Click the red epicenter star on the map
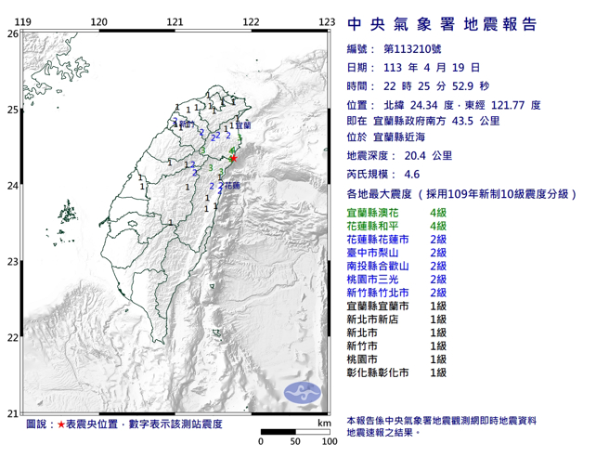[233, 158]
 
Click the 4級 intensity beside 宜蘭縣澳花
[439, 215]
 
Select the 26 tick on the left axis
[12, 33]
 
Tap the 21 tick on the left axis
[12, 413]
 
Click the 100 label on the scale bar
[327, 441]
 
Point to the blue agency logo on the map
[300, 390]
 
